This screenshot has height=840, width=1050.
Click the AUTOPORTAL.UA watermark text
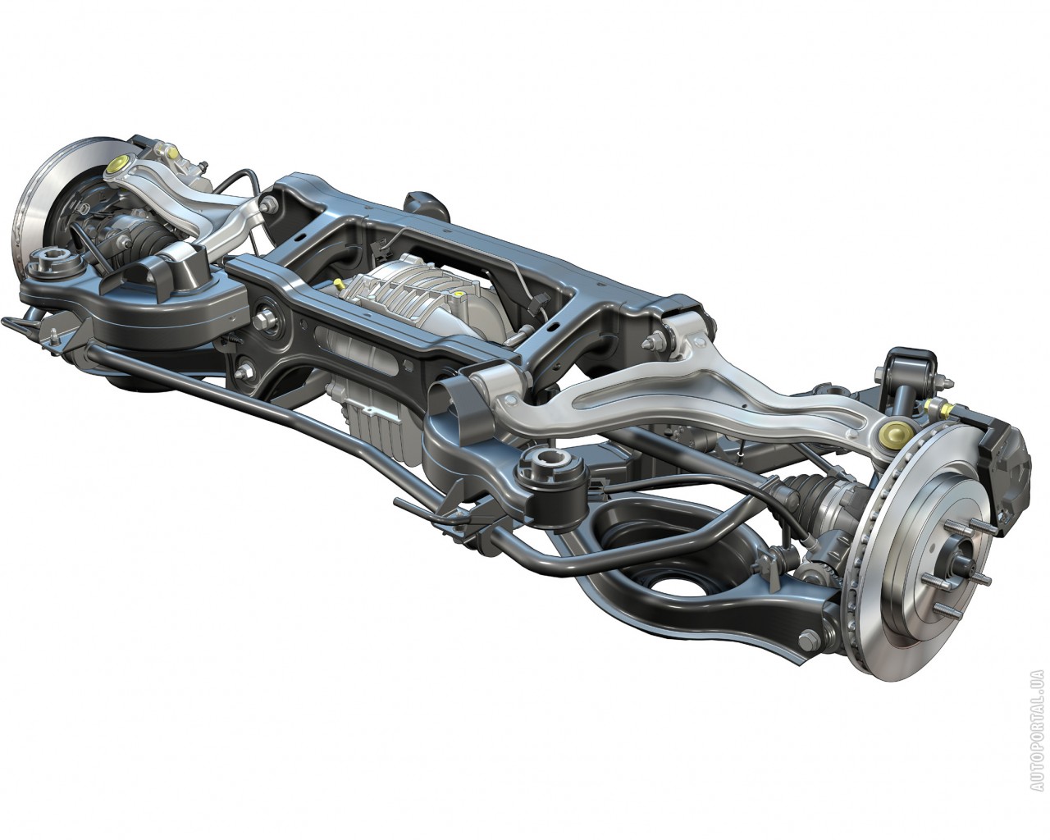click(1037, 737)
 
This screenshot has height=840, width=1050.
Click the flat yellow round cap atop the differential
click(458, 294)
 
